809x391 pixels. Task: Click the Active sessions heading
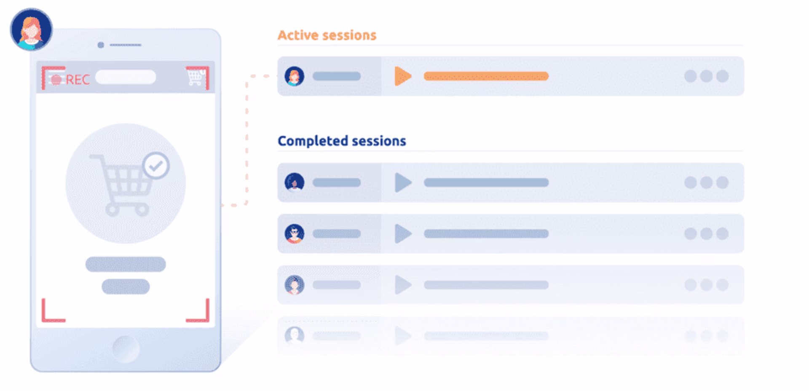(327, 35)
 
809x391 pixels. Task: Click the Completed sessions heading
(342, 141)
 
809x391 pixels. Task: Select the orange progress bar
(486, 76)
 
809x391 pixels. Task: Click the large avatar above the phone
(31, 29)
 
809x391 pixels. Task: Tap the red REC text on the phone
(78, 80)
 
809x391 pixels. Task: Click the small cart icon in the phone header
(195, 77)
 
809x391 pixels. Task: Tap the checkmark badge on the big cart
(156, 166)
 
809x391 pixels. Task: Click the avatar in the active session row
(294, 76)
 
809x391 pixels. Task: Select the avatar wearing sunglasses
(294, 234)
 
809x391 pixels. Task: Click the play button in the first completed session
(403, 182)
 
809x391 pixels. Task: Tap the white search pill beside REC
(126, 77)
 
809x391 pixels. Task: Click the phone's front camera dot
(101, 45)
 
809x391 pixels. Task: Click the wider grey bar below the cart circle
(126, 265)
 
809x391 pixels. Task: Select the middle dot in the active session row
(706, 76)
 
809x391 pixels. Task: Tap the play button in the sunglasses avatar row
(403, 234)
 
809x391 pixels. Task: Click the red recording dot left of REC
(56, 80)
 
